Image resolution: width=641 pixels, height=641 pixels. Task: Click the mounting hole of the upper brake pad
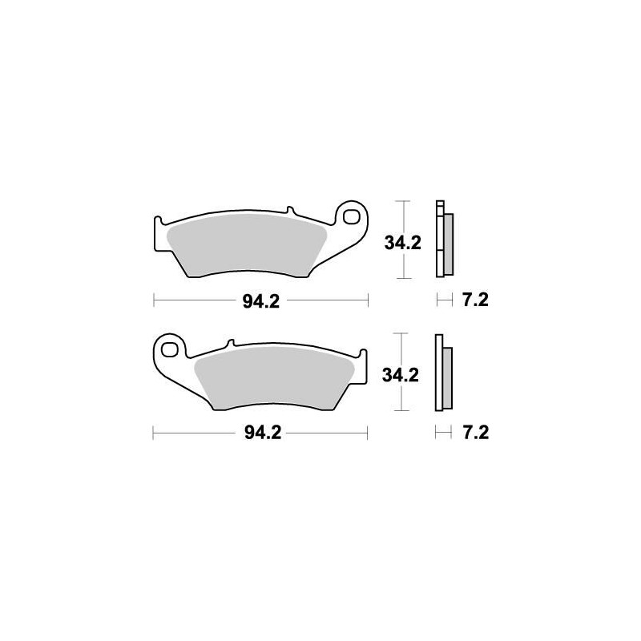[x=350, y=215]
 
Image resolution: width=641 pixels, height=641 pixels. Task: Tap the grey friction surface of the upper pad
[x=244, y=244]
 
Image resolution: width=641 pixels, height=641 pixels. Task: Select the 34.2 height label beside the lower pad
[x=402, y=375]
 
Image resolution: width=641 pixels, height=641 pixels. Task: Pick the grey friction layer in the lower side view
[x=448, y=377]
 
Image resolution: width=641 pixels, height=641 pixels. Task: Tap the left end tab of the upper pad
[x=158, y=228]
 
